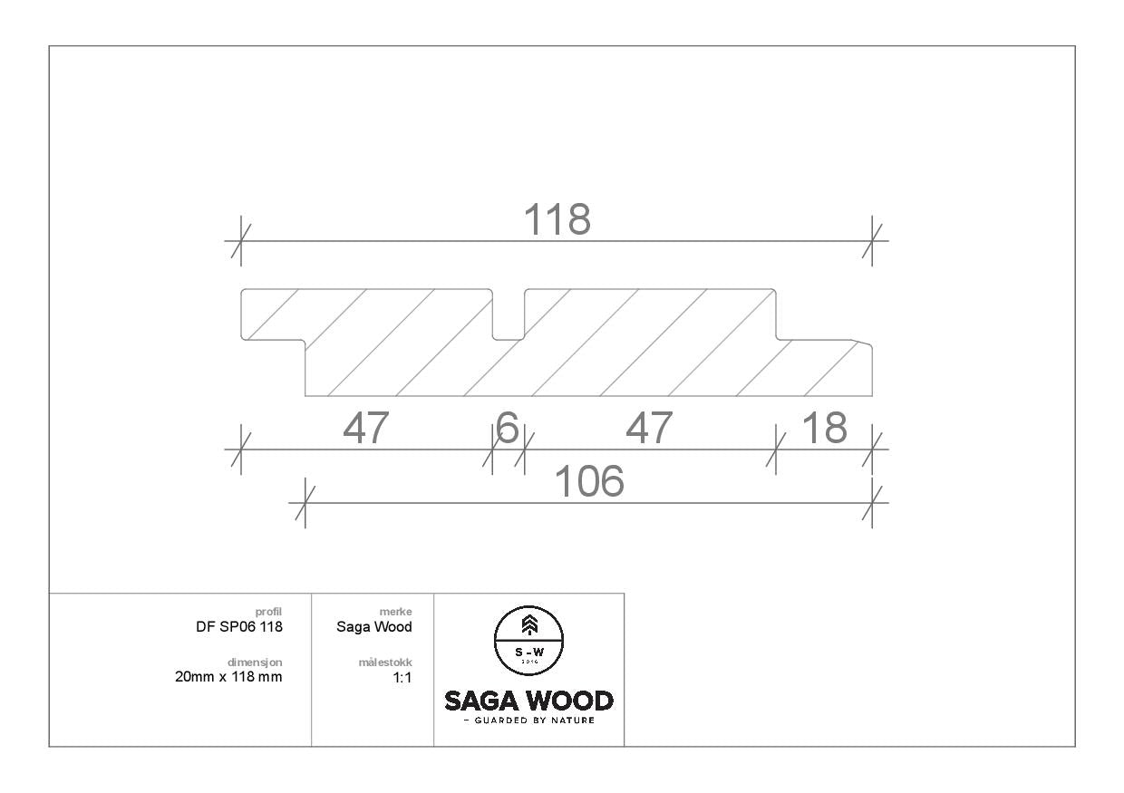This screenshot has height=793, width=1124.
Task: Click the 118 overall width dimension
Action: click(557, 219)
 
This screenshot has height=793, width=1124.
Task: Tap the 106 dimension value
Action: click(589, 481)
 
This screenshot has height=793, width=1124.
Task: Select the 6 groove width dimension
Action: click(507, 428)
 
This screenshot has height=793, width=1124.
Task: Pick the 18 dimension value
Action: click(825, 428)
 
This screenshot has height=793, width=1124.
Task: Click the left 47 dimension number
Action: click(366, 428)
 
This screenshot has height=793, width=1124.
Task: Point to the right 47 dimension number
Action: click(649, 428)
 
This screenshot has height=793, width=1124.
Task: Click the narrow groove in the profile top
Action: click(509, 314)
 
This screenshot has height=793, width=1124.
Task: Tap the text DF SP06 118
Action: click(239, 626)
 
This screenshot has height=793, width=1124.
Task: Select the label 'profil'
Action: click(268, 612)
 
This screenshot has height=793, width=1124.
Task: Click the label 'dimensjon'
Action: click(255, 662)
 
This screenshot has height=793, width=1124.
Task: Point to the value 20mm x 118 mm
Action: click(228, 677)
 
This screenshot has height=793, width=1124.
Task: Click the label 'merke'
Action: click(395, 612)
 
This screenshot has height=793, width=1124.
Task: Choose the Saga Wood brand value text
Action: click(373, 627)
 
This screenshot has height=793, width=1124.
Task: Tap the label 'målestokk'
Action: click(385, 662)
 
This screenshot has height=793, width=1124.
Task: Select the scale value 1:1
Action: click(402, 678)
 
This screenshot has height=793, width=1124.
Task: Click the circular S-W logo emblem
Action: click(528, 641)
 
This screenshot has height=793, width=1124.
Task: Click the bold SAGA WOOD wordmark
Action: click(528, 701)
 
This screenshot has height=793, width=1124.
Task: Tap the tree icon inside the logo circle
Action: click(529, 625)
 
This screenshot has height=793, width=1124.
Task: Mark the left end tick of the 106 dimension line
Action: click(305, 503)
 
